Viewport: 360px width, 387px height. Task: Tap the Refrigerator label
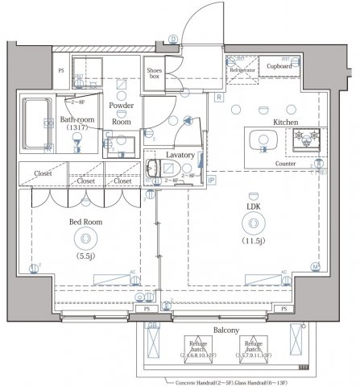[x=242, y=70]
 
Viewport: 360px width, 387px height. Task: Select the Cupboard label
[x=279, y=66]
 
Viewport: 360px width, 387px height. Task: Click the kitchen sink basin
[x=263, y=140]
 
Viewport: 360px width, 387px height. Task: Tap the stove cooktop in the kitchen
[x=306, y=139]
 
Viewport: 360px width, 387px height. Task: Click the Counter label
[x=285, y=164]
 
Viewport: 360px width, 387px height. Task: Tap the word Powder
[x=121, y=106]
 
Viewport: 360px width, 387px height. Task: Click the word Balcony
[x=227, y=331]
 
